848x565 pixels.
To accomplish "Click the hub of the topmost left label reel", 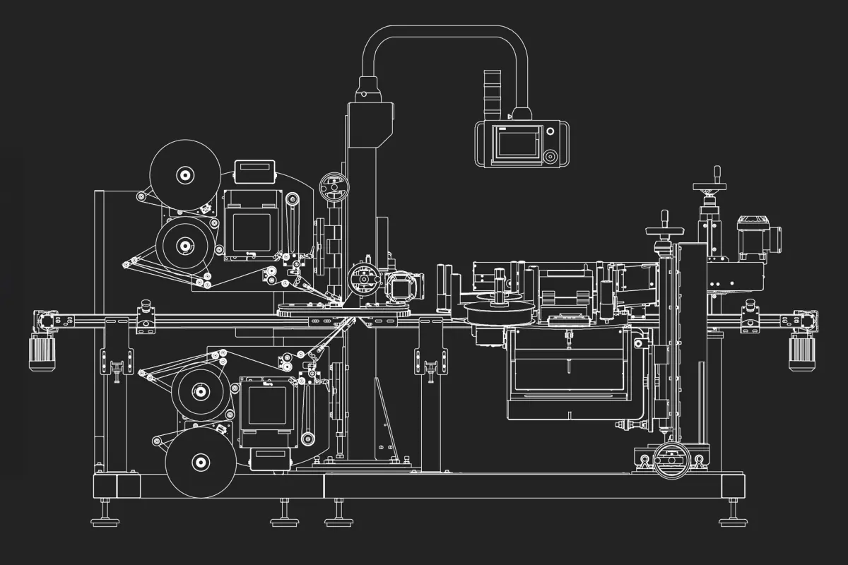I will tap(185, 174).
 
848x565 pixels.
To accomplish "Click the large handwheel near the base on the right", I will tap(671, 460).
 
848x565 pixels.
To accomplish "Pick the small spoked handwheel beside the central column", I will tap(334, 187).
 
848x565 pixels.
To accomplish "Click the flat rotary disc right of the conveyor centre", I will tap(500, 310).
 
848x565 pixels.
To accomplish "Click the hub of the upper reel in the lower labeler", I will tap(201, 391).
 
